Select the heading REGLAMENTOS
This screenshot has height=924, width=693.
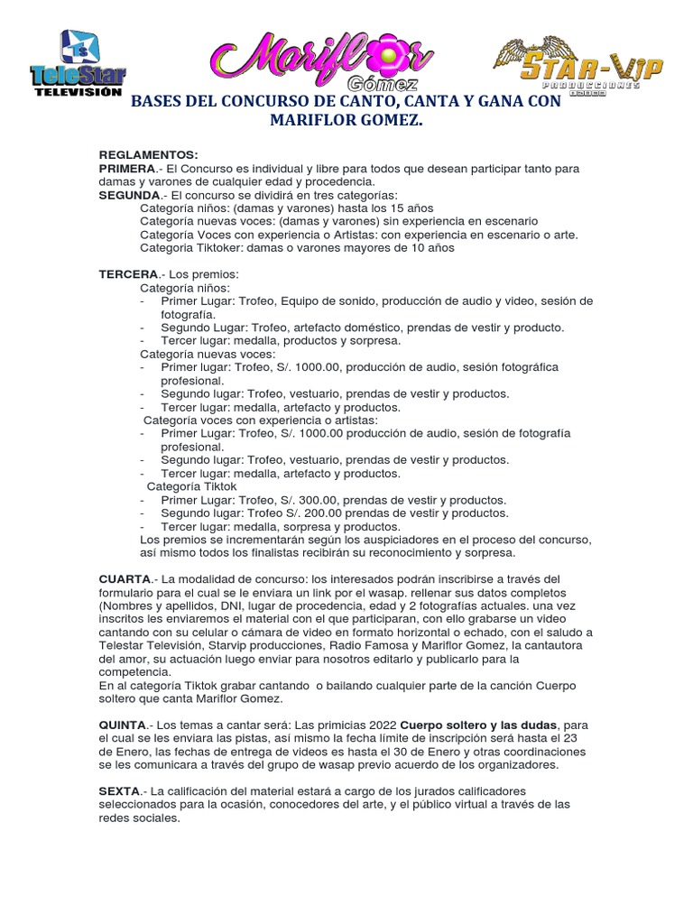[148, 155]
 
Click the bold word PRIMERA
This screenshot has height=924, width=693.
[127, 169]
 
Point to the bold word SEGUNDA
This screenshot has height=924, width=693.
[130, 195]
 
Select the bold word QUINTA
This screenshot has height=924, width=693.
[123, 725]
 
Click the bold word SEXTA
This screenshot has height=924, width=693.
[120, 790]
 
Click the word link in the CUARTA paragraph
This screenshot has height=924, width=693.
[314, 592]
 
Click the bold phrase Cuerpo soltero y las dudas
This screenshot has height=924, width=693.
[481, 725]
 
